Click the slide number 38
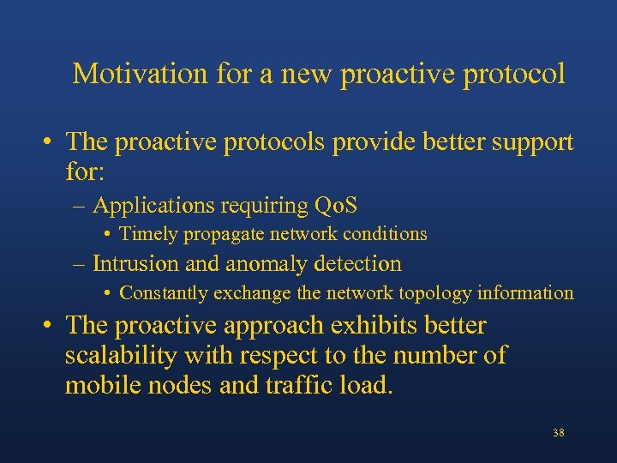click(x=558, y=433)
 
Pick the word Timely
click(x=148, y=234)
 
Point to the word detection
click(x=359, y=264)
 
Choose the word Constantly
click(x=164, y=293)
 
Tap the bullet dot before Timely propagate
click(x=106, y=234)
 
